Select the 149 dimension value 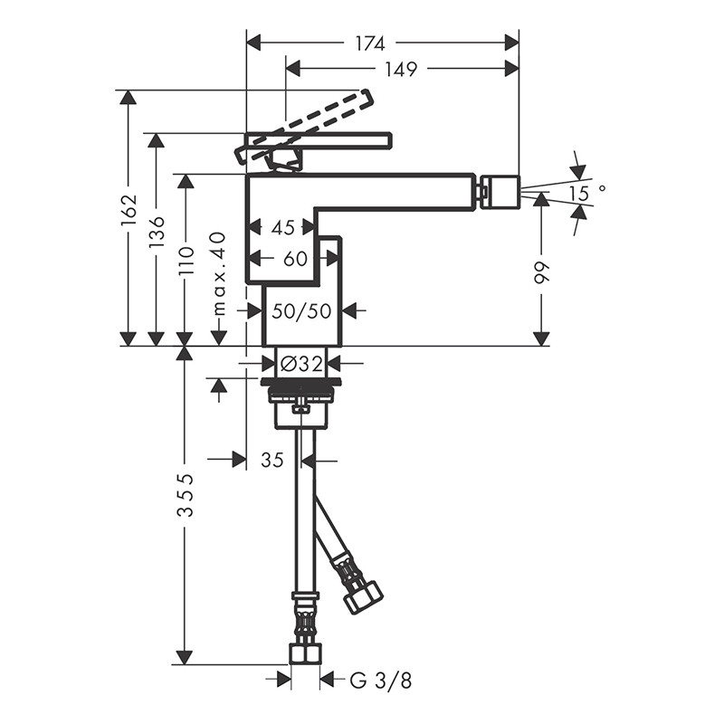pos(398,69)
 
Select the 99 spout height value pos(541,273)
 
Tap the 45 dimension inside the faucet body pos(283,226)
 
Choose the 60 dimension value pos(295,259)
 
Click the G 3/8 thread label pos(373,679)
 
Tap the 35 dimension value pos(272,460)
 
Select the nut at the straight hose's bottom pos(305,654)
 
